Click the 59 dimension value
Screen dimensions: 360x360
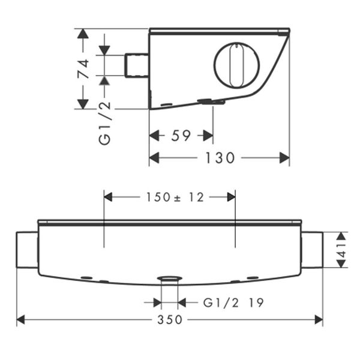point(181,136)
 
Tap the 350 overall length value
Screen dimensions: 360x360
point(170,320)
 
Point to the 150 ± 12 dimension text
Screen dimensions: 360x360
point(170,197)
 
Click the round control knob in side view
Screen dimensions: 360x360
point(236,65)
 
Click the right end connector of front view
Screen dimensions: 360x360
point(312,250)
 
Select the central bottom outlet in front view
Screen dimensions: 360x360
point(170,279)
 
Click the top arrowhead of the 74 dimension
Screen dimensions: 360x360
point(83,34)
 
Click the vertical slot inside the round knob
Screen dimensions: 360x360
point(236,65)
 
